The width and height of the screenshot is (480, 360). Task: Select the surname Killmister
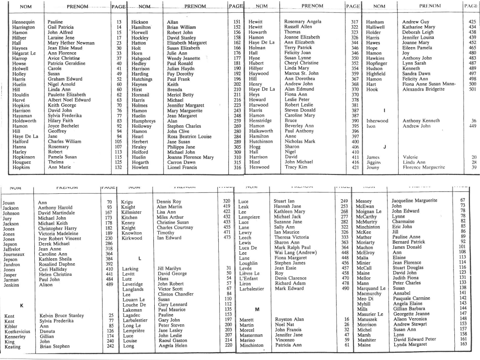pos(132,213)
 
